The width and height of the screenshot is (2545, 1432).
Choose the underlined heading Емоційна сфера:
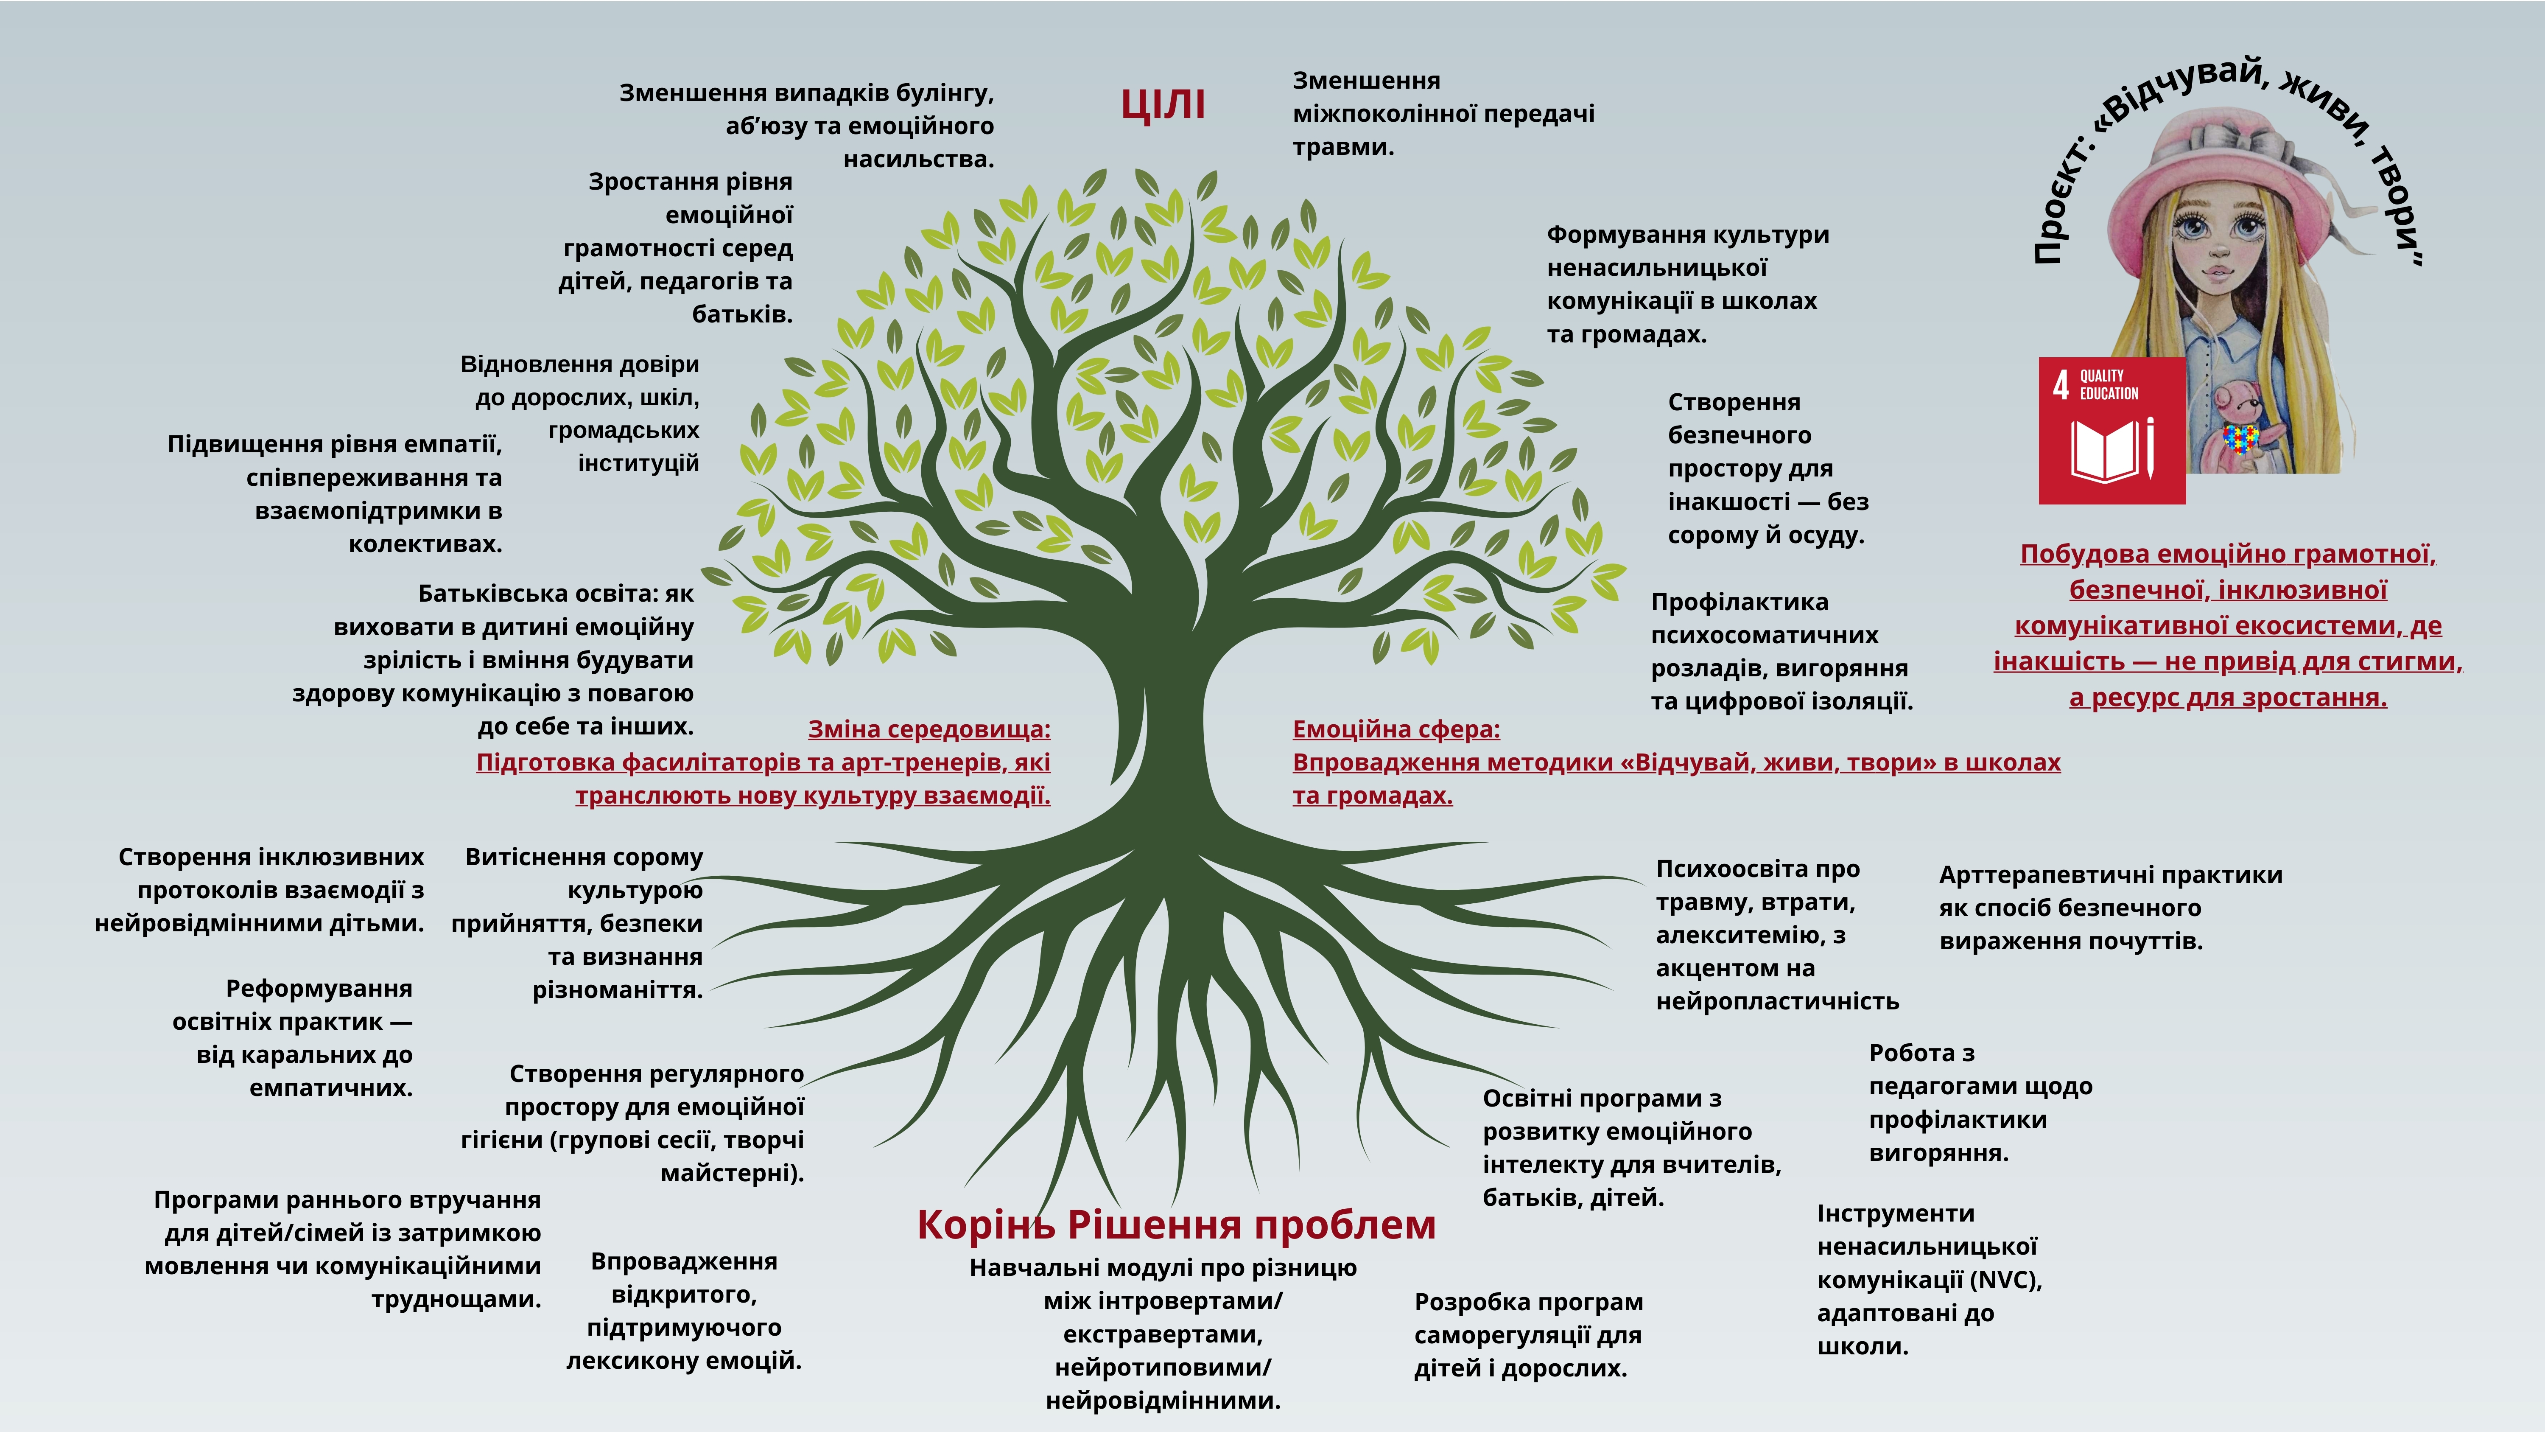[x=1396, y=729]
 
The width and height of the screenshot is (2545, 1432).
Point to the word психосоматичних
[x=1765, y=636]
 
